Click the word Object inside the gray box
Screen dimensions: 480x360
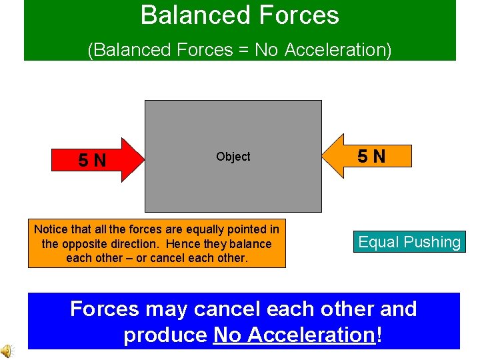click(233, 157)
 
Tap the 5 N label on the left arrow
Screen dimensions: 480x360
click(92, 161)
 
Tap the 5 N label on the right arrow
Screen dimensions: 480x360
click(371, 157)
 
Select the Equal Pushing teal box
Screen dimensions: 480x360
click(409, 242)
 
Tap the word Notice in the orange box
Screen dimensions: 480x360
click(52, 229)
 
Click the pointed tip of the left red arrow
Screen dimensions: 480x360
click(143, 160)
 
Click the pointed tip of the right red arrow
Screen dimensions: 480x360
click(323, 157)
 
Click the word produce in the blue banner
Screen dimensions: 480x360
click(165, 335)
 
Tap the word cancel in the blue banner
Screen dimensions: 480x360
click(237, 309)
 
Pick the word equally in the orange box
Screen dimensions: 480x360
click(200, 229)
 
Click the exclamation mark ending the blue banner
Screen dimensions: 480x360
click(379, 335)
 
